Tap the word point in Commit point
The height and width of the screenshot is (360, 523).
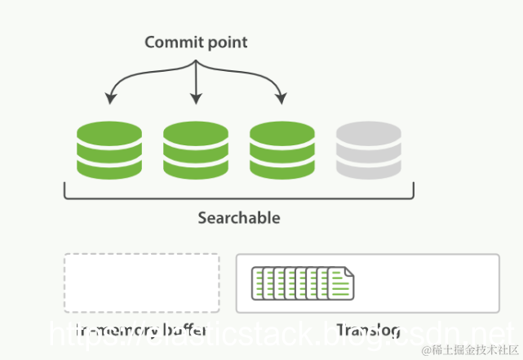[226, 42]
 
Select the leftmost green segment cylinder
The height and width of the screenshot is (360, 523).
[109, 151]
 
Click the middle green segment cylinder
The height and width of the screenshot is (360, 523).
[195, 151]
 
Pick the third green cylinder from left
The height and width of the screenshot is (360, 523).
[281, 151]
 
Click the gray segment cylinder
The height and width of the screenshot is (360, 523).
[368, 151]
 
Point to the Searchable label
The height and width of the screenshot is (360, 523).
[239, 218]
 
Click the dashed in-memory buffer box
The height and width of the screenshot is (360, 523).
[142, 282]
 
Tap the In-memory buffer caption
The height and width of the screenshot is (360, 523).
[142, 330]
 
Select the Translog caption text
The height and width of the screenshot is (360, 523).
[368, 330]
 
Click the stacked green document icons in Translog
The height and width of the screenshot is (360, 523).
[301, 282]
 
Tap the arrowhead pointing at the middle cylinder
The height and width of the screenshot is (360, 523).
[196, 100]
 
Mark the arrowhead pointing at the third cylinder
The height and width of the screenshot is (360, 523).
[281, 100]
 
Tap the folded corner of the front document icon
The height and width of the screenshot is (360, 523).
[349, 272]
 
